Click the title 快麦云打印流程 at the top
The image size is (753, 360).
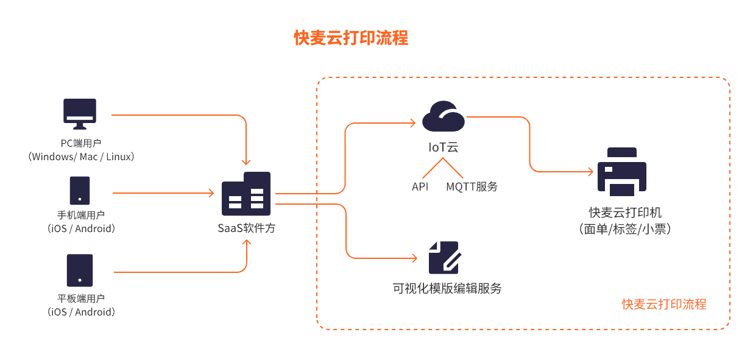click(x=351, y=38)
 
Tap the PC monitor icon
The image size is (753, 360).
click(x=80, y=114)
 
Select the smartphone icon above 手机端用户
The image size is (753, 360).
click(x=80, y=190)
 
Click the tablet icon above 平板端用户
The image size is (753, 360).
click(x=80, y=270)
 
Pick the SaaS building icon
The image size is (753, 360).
click(x=246, y=193)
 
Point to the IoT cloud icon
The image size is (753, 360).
click(x=443, y=116)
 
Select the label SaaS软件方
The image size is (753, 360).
click(x=247, y=228)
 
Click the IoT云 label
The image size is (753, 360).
click(x=443, y=147)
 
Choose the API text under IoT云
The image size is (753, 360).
click(x=420, y=186)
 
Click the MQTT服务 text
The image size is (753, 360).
click(x=472, y=186)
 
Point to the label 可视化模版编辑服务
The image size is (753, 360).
click(x=447, y=288)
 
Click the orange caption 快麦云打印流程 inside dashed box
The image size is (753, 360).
click(x=664, y=304)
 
